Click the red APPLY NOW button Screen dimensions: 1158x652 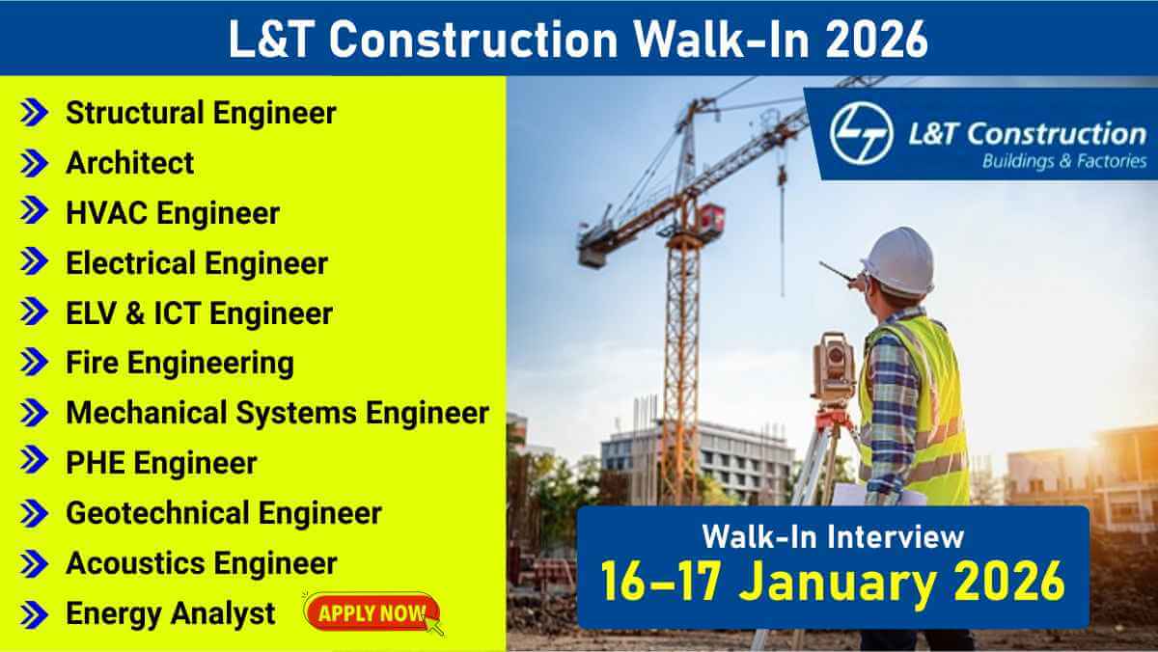click(372, 612)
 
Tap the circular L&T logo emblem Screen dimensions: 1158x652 click(861, 133)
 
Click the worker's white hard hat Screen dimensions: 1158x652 click(899, 261)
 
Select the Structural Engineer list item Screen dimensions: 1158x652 click(201, 113)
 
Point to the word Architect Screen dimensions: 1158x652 click(129, 163)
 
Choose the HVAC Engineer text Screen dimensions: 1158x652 click(173, 213)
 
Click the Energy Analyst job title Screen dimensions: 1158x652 click(171, 613)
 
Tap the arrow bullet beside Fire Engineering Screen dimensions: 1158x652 click(34, 362)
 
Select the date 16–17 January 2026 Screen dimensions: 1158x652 click(833, 582)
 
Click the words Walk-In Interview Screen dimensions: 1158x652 click(833, 537)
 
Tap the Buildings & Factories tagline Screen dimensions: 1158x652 click(1064, 161)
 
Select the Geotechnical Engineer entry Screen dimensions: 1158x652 click(224, 513)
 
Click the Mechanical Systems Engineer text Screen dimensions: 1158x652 click(278, 413)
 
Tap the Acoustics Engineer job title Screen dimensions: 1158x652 click(202, 563)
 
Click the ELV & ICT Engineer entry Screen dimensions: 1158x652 click(199, 313)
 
